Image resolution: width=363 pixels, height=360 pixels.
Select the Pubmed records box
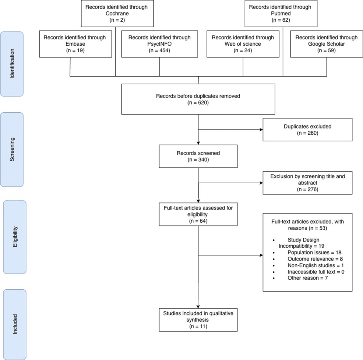[x=283, y=13]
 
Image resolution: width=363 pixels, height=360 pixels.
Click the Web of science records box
[x=243, y=44]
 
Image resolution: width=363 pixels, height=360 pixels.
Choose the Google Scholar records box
[x=326, y=44]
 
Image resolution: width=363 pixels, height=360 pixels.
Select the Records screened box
[x=198, y=156]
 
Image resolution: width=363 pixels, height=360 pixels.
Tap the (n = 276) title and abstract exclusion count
[x=307, y=189]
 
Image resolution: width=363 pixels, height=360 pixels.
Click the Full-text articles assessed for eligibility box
[x=198, y=214]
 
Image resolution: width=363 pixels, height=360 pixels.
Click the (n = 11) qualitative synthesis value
[x=198, y=326]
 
